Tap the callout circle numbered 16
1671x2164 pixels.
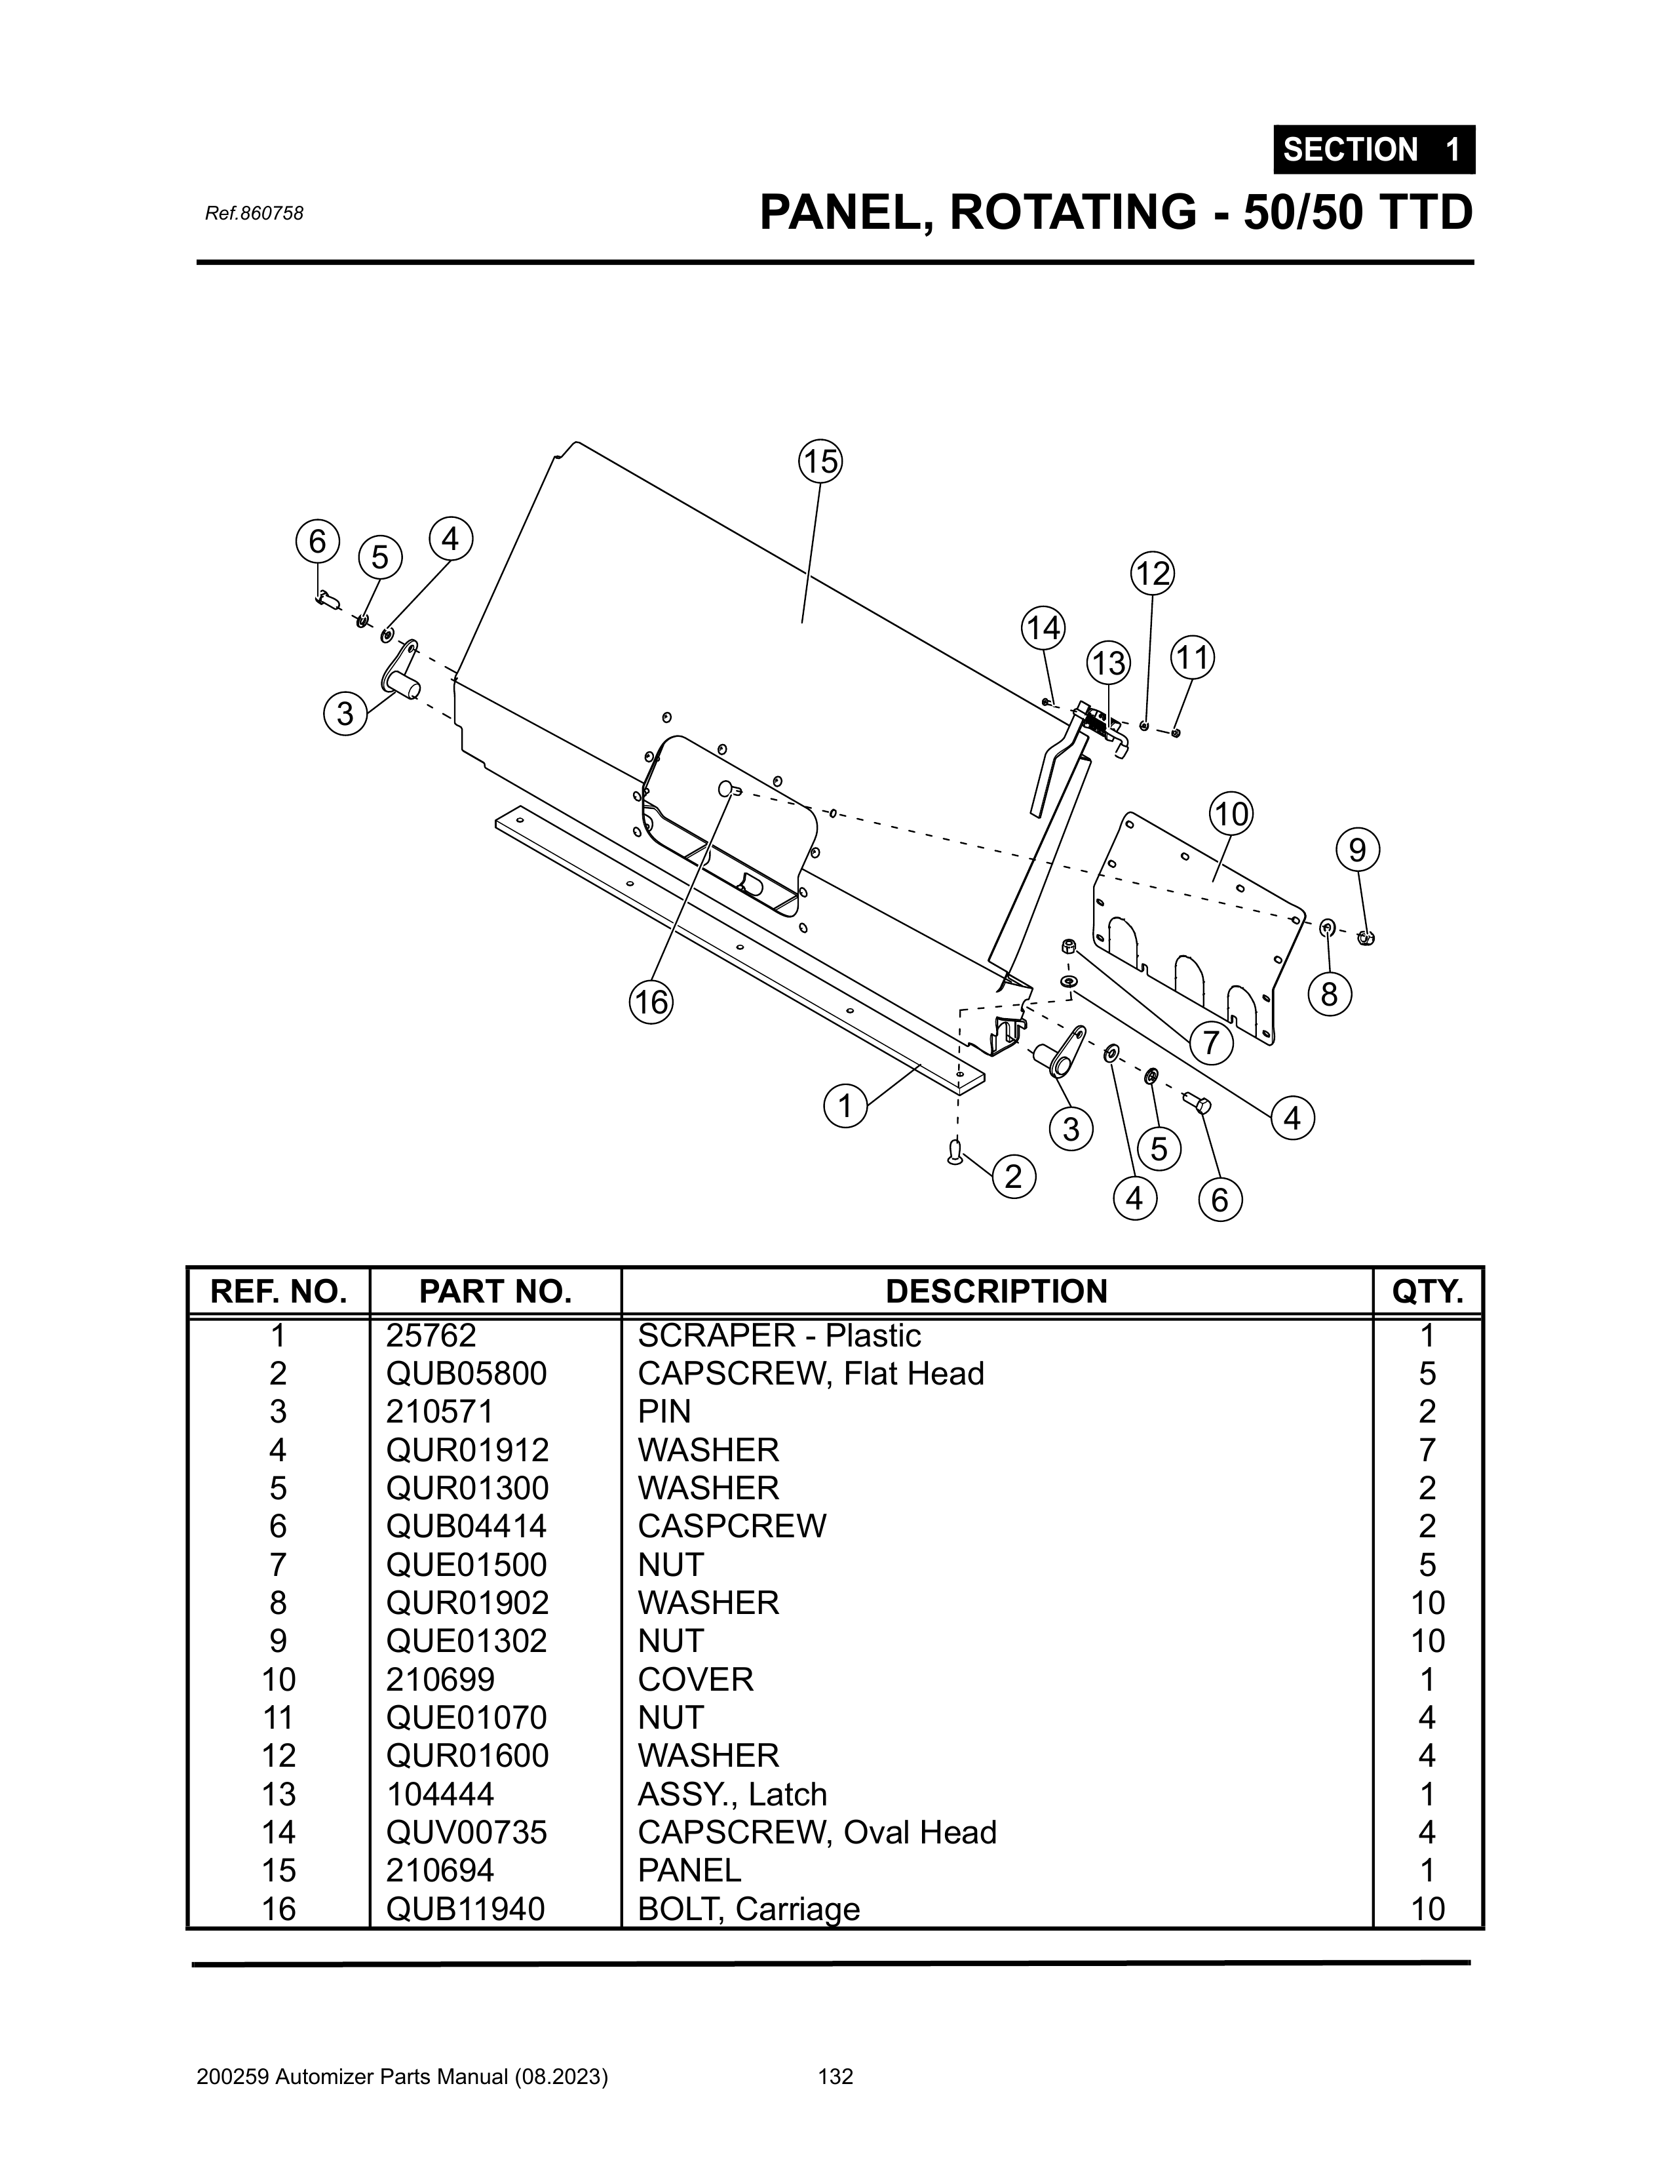[651, 1003]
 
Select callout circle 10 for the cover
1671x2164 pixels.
[1231, 814]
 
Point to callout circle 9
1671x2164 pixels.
[1357, 850]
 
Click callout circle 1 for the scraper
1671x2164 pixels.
[845, 1105]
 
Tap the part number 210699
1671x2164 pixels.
[440, 1680]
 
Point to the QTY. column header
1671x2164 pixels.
[1427, 1291]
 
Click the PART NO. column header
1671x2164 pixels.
[495, 1291]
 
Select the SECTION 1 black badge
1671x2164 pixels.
[1374, 149]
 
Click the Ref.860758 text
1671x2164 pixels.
[254, 213]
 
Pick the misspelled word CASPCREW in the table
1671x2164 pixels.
[731, 1526]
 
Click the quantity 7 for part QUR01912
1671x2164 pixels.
[1427, 1449]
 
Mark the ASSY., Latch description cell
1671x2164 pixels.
[731, 1794]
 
